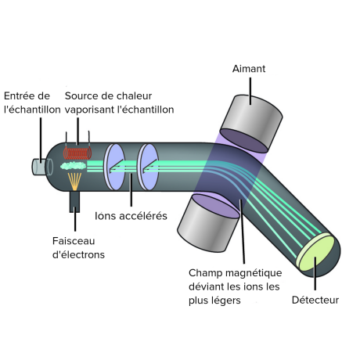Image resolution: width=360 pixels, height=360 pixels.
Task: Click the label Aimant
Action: coord(249,69)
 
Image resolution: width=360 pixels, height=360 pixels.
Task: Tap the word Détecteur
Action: coord(315,300)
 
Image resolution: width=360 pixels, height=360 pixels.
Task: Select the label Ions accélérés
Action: coord(131,216)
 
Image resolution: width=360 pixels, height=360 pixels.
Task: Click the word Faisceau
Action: coord(74,241)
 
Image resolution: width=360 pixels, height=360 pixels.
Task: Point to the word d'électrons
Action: coord(78,254)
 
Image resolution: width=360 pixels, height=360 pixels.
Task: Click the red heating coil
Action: coord(77,153)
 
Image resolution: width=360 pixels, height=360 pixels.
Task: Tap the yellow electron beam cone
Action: coord(74,182)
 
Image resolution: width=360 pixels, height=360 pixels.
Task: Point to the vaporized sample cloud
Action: coord(73,166)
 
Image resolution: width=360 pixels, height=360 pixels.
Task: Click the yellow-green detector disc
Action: coord(316,253)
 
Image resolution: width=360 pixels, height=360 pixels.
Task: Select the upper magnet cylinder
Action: coord(251,123)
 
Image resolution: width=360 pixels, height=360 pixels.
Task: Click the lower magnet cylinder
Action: coord(209,223)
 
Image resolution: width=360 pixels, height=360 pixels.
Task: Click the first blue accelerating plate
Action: coord(114,167)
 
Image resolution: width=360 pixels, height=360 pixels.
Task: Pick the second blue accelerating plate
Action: coord(148,167)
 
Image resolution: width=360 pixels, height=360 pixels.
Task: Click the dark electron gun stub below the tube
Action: coord(74,201)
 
